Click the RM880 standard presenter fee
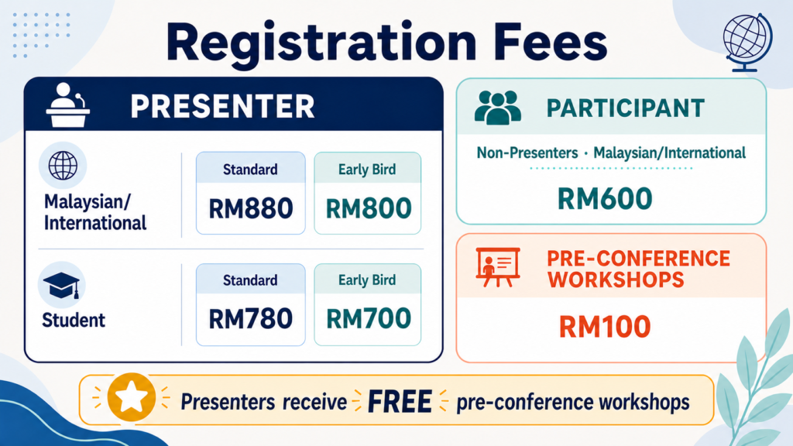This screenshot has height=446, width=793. click(x=251, y=208)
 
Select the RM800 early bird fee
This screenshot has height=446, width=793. click(x=368, y=208)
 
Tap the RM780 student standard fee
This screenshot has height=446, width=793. click(x=251, y=319)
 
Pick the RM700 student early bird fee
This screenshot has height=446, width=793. click(x=368, y=319)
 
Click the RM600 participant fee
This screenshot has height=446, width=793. click(x=605, y=198)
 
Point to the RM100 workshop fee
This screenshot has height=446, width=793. click(x=605, y=326)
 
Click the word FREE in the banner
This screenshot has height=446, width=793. click(x=400, y=402)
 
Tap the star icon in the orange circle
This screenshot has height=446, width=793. click(x=132, y=397)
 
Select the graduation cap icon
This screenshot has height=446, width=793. click(x=61, y=285)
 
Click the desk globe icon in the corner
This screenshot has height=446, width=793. click(x=747, y=43)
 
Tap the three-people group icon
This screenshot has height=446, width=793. click(x=498, y=108)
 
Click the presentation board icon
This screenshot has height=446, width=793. click(x=498, y=267)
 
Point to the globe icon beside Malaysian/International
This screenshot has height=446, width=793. click(x=63, y=166)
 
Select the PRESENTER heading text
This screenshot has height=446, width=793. click(x=222, y=106)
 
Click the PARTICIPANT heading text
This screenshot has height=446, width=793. click(x=626, y=108)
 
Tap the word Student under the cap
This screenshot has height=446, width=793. click(x=74, y=320)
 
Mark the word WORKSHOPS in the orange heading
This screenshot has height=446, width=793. click(x=616, y=280)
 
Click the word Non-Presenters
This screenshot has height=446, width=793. click(x=527, y=153)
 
